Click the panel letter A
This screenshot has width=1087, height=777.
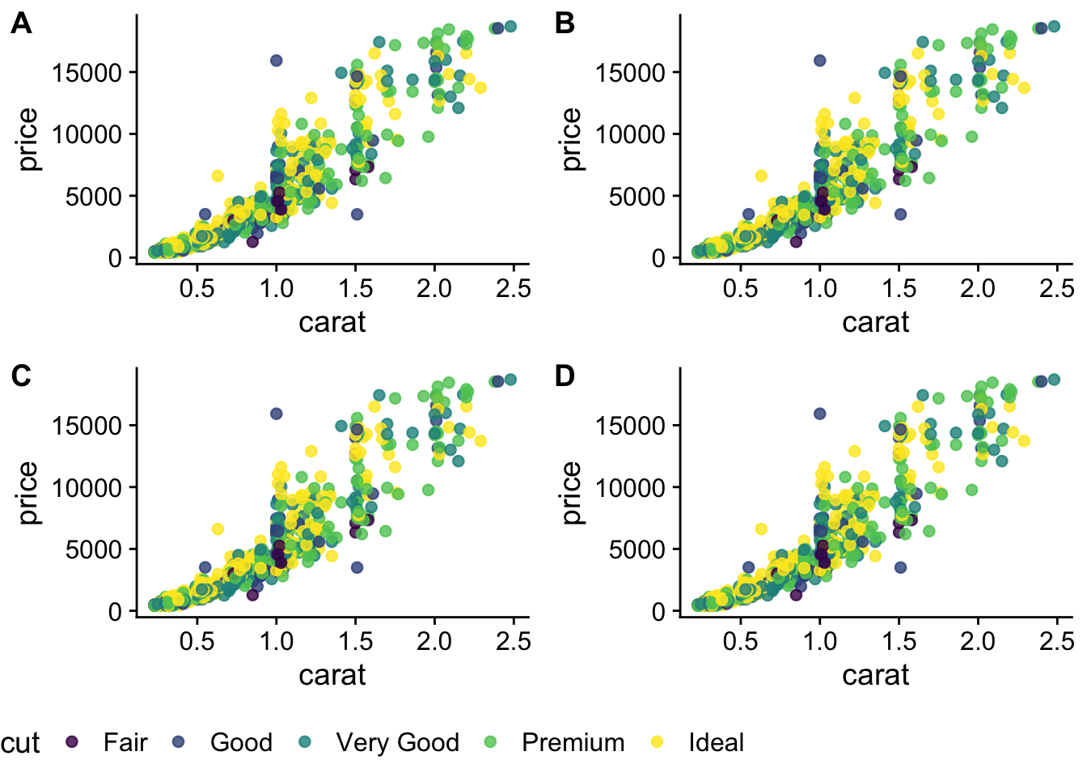coord(21,23)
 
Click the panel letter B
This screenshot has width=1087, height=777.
coord(565,23)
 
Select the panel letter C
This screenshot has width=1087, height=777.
coord(21,376)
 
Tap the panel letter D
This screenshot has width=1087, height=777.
coord(565,376)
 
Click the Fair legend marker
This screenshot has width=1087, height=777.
coord(72,741)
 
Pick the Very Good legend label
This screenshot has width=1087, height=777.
coord(397,742)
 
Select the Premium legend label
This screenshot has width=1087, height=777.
coord(573,742)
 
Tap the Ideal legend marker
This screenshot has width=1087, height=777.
coord(658,741)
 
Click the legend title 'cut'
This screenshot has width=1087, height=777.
coord(20,743)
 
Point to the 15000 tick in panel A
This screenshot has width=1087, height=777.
coord(87,73)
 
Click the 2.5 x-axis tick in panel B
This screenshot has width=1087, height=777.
coord(1056,288)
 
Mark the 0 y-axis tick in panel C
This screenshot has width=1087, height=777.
coord(115,611)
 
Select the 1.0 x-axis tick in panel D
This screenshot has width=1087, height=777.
coord(819,641)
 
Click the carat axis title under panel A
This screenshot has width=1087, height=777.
coord(332,322)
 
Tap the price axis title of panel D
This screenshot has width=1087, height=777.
coord(571,493)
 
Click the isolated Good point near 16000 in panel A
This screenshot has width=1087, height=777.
coord(276,61)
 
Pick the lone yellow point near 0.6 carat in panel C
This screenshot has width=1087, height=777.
coord(218,529)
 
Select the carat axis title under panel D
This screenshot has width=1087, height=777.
coord(875,675)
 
